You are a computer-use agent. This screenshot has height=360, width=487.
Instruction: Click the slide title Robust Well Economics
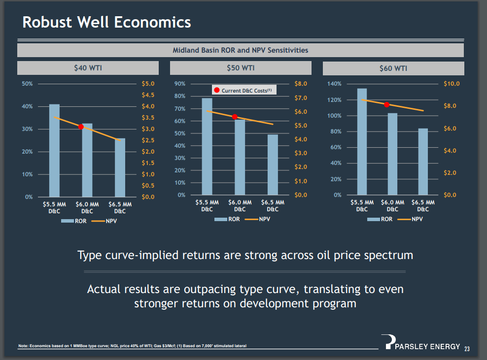click(107, 22)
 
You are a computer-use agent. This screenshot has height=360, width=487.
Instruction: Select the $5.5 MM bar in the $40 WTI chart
click(54, 150)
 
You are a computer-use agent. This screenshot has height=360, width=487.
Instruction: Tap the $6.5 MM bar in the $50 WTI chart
click(273, 164)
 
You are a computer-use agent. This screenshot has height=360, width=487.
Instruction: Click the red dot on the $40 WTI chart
click(81, 127)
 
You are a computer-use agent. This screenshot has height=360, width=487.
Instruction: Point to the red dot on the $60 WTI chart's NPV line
click(387, 104)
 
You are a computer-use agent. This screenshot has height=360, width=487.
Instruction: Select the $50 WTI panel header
click(241, 68)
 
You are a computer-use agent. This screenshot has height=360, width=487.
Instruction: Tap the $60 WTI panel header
click(393, 68)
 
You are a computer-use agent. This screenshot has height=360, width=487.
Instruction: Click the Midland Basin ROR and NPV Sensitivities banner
click(241, 50)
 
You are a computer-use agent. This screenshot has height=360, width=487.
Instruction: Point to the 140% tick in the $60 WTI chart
click(334, 84)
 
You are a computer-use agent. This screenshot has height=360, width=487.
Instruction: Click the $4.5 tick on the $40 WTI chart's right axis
click(148, 95)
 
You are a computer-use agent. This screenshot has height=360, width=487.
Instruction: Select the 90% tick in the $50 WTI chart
click(180, 84)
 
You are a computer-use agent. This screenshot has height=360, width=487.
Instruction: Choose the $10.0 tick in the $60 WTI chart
click(451, 84)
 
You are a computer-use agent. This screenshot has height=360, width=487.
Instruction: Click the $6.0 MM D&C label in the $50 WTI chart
click(240, 206)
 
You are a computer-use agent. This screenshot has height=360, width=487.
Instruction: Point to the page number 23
click(466, 349)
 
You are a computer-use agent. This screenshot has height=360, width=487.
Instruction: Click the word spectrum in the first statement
click(388, 255)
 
